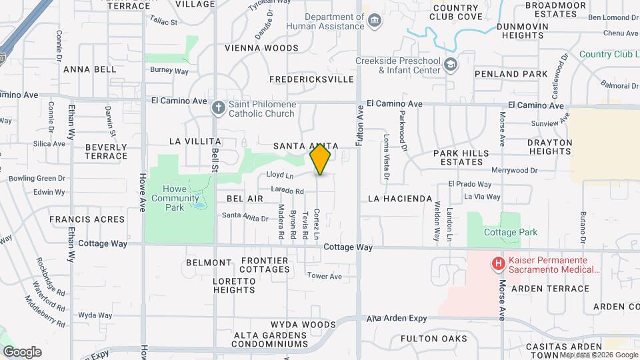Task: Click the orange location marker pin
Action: pos(321,159)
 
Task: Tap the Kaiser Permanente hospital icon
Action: pos(497,264)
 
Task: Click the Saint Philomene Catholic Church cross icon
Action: pos(218,107)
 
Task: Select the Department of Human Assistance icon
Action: pos(375,21)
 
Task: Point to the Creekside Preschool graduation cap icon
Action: pos(451,65)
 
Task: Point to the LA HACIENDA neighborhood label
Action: pos(400,199)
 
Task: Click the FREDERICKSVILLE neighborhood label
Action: pos(311,79)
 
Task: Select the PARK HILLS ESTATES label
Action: pos(461,157)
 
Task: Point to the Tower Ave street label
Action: pos(324,276)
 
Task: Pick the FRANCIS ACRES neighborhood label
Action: pos(87,219)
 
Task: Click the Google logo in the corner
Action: pos(22,351)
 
